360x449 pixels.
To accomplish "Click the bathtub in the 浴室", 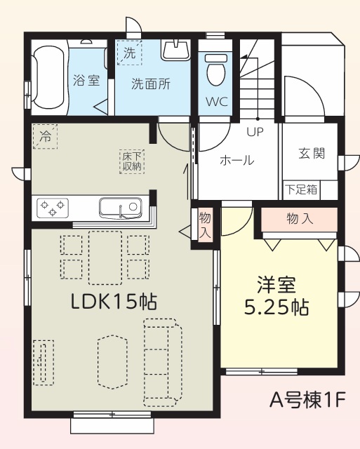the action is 48,77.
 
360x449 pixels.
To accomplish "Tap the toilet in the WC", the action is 216,69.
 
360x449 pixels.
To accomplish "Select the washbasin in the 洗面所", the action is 175,49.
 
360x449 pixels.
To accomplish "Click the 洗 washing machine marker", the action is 129,53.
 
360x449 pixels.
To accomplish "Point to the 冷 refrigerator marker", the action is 45,136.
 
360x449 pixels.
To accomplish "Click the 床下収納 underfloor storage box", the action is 132,161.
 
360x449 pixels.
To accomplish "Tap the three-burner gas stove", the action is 53,208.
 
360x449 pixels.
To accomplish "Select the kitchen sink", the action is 120,208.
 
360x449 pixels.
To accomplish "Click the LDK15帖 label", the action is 114,302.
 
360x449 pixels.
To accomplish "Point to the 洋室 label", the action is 276,285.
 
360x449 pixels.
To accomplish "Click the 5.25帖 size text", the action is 276,307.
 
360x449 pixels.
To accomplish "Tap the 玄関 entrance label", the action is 312,153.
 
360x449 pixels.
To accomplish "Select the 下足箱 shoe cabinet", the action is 301,189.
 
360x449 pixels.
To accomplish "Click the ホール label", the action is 236,160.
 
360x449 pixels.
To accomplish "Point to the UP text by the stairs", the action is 255,132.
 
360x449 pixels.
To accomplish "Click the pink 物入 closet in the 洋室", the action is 299,219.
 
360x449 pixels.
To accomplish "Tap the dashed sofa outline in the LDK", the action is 163,363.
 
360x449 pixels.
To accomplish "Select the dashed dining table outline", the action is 105,257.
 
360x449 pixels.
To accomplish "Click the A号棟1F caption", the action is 307,400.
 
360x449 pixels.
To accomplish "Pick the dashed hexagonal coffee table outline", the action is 112,362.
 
